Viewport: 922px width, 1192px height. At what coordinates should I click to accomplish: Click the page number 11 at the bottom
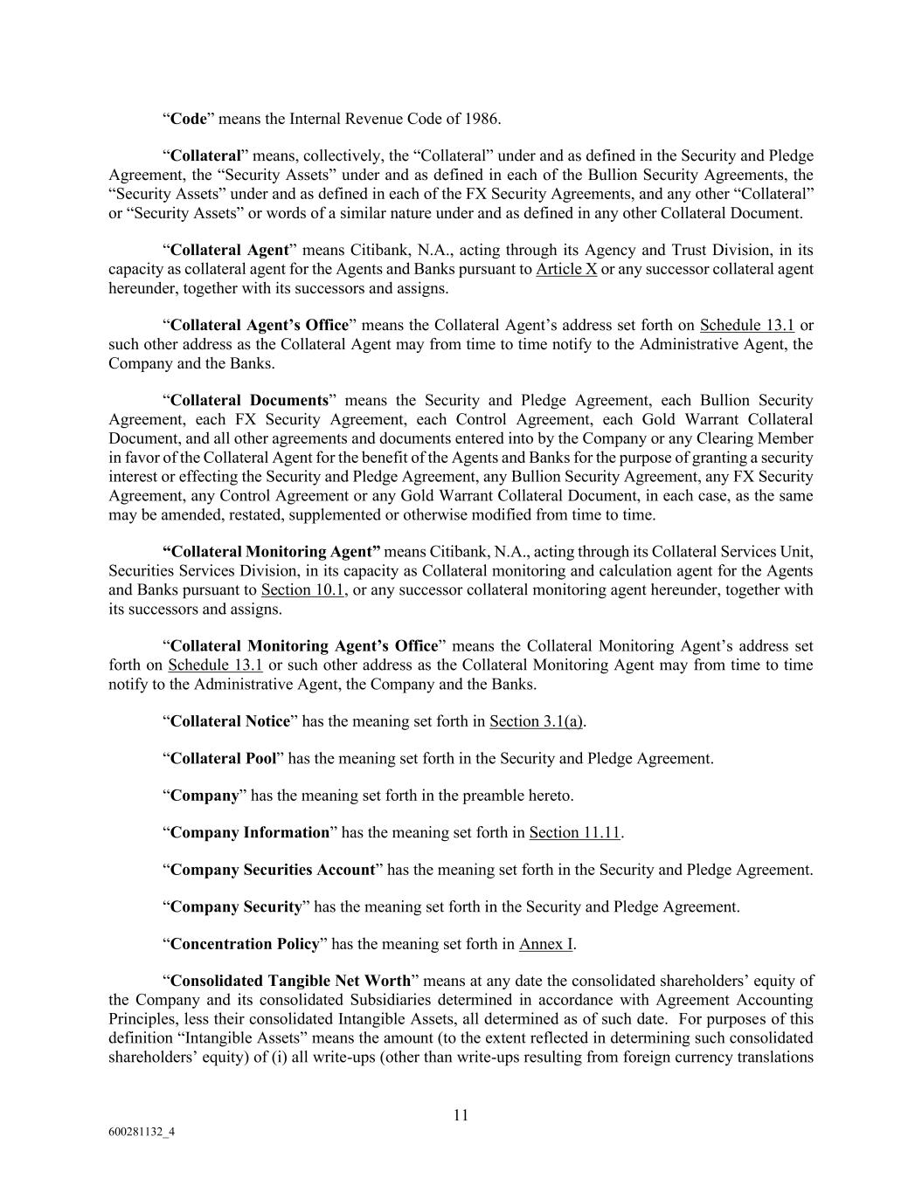(x=461, y=1115)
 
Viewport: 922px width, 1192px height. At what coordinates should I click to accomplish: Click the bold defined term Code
(x=189, y=119)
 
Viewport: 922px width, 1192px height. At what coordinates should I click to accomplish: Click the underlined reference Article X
(x=566, y=269)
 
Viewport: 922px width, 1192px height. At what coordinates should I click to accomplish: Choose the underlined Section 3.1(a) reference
(x=537, y=721)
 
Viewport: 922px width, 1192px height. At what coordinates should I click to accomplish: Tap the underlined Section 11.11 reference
(x=574, y=833)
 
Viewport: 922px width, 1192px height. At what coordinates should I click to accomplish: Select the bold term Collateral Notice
(x=230, y=721)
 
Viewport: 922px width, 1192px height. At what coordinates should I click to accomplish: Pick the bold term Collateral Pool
(x=223, y=759)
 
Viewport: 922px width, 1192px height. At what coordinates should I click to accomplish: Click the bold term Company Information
(x=250, y=833)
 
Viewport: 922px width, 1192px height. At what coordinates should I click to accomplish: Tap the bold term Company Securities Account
(x=273, y=870)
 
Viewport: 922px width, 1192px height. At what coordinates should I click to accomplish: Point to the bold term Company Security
(x=236, y=907)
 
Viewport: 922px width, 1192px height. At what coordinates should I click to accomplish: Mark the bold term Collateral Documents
(x=249, y=401)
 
